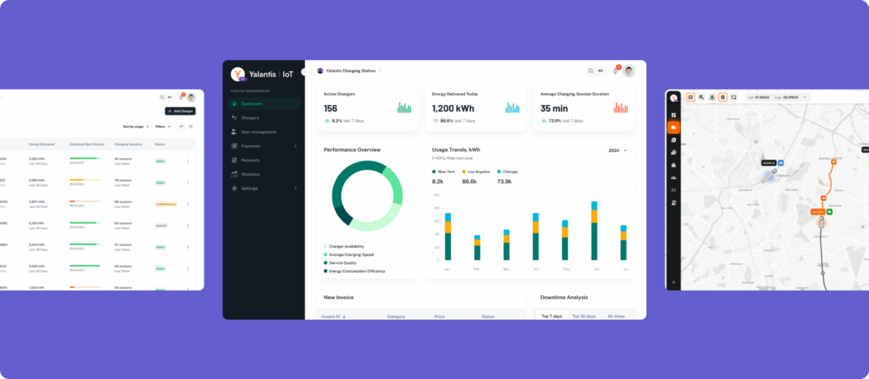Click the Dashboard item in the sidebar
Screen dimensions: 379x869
(x=252, y=104)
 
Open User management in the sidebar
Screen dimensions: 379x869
(x=258, y=132)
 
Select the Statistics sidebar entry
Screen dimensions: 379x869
(x=250, y=175)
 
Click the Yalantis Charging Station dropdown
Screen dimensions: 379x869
(x=350, y=71)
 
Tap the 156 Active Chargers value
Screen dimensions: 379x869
(x=330, y=108)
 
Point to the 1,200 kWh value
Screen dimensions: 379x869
(x=453, y=108)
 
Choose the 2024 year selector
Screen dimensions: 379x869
(x=617, y=150)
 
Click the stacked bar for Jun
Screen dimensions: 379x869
(x=594, y=231)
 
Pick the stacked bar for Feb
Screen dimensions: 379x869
(x=477, y=248)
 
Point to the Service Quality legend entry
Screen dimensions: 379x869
(x=345, y=263)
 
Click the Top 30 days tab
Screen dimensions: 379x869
(x=584, y=317)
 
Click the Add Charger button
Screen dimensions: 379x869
(x=180, y=111)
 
